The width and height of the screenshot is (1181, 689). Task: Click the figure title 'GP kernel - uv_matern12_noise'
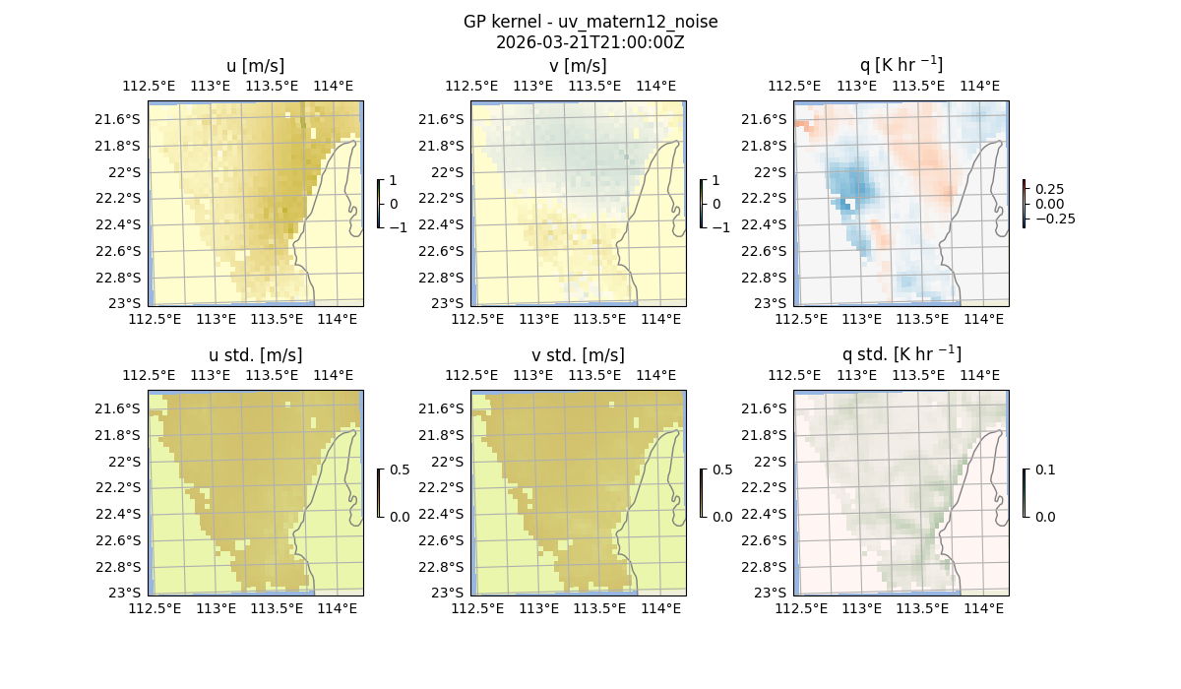click(590, 22)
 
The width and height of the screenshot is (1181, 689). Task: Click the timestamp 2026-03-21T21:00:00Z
click(590, 42)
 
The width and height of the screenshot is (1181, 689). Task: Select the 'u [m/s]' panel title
click(256, 66)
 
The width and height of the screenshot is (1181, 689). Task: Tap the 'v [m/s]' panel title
click(579, 66)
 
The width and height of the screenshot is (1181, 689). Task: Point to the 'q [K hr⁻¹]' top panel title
click(901, 66)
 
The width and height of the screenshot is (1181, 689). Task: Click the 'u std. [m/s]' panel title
click(256, 355)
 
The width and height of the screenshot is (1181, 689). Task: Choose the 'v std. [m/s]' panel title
click(579, 355)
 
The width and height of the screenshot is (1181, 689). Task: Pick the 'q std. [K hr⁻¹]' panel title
click(901, 355)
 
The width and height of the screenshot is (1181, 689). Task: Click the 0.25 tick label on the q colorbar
click(1049, 189)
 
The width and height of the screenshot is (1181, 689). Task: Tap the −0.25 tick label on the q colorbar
click(1054, 219)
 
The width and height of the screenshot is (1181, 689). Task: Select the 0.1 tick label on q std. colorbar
click(1043, 470)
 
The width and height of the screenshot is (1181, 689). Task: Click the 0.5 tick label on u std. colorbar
click(399, 470)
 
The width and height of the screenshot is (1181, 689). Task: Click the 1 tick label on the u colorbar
click(395, 181)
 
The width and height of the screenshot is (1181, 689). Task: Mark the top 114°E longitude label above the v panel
click(656, 86)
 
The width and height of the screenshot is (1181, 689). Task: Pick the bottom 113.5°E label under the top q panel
click(922, 319)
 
